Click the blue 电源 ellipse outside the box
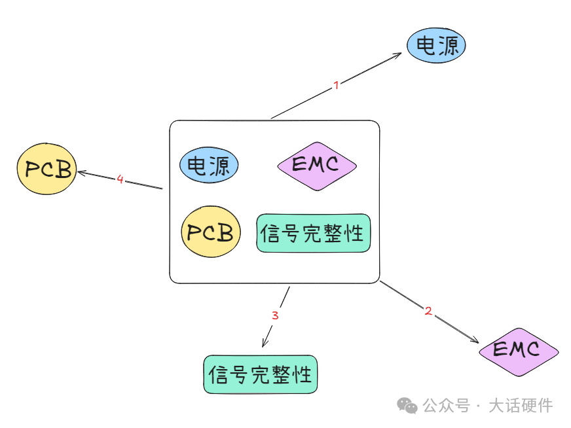click(x=436, y=46)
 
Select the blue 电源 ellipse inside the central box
click(x=209, y=165)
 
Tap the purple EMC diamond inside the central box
click(x=317, y=166)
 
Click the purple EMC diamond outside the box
click(x=518, y=351)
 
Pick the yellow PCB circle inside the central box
click(x=210, y=232)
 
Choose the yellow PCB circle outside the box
click(x=46, y=169)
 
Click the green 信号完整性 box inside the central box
click(x=313, y=233)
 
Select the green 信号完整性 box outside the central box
click(x=260, y=374)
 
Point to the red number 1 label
click(x=336, y=85)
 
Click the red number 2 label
click(x=428, y=312)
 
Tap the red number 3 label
click(x=275, y=315)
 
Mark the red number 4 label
click(x=120, y=179)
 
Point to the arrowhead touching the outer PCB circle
click(x=81, y=172)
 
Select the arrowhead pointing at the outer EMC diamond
click(x=477, y=341)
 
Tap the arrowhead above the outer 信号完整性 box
click(x=265, y=344)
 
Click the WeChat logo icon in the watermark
click(x=409, y=406)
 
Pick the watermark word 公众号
click(x=446, y=406)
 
